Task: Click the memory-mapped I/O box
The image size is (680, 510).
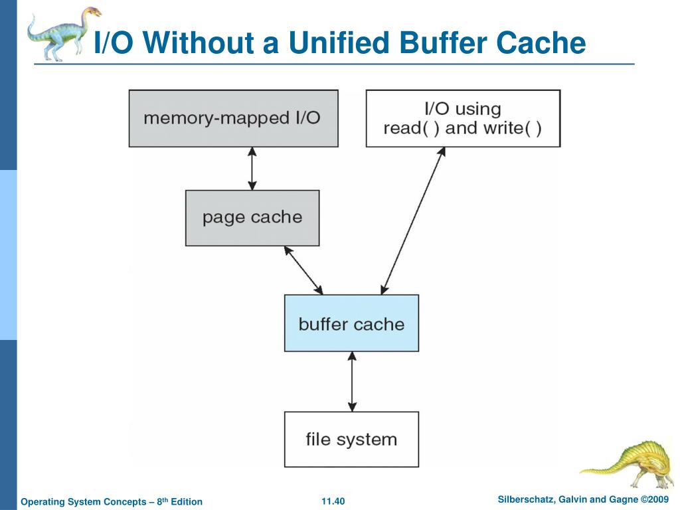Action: coord(233,118)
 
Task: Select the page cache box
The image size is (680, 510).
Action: coord(252,218)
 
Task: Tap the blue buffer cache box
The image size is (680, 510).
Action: coord(351,323)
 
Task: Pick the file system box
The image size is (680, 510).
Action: coord(351,440)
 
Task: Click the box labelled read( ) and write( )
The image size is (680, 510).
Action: coord(463,118)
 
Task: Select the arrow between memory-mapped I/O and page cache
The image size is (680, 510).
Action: coord(252,168)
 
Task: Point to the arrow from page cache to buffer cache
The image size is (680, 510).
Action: coord(303,270)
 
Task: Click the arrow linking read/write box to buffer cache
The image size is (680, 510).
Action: coord(413,220)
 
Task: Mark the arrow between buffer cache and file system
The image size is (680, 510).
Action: coord(352,381)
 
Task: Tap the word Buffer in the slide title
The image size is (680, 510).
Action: coord(443,42)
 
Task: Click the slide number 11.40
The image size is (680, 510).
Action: coord(333,501)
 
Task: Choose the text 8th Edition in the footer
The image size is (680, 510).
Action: coord(179,501)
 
